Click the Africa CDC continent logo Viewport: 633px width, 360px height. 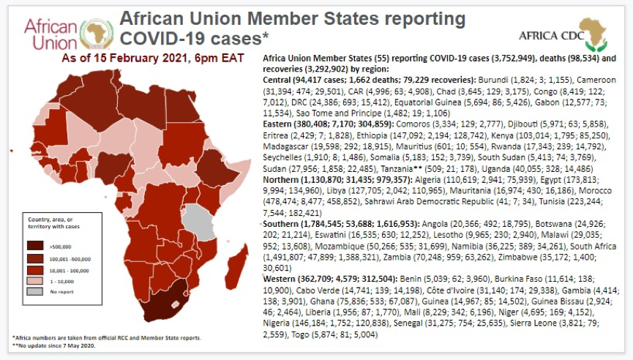click(596, 34)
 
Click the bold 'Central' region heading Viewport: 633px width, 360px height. click(280, 78)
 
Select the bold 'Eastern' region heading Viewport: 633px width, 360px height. click(281, 124)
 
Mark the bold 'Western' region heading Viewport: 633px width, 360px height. click(282, 278)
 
